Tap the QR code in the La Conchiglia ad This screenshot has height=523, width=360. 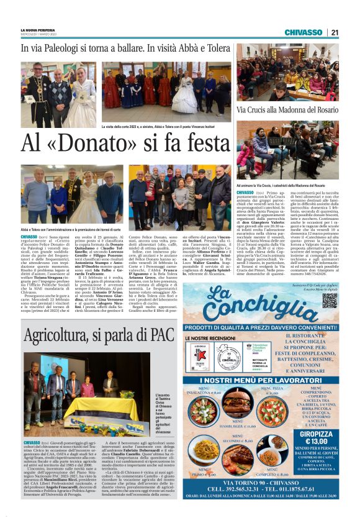330,300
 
